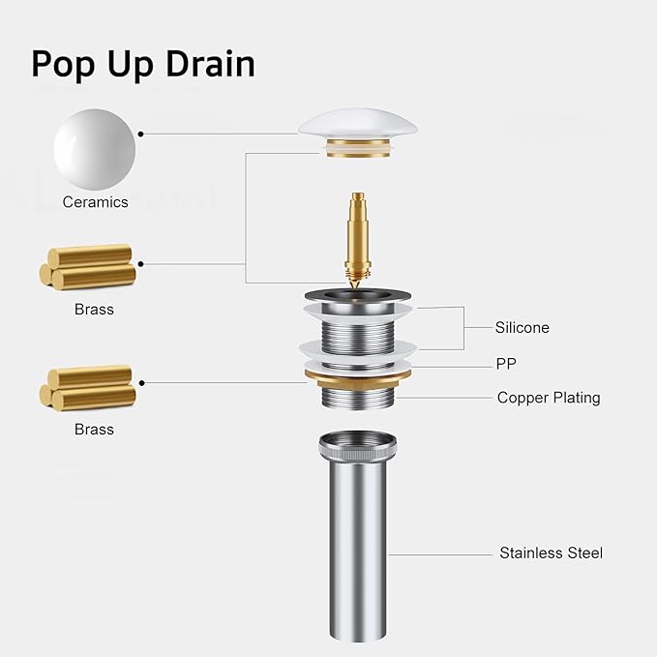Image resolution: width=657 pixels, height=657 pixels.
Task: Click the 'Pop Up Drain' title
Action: click(143, 65)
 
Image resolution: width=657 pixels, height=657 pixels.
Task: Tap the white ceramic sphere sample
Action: click(95, 150)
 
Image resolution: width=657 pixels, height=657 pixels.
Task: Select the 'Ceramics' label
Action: click(95, 202)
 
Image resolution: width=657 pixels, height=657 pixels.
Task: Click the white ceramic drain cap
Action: click(357, 122)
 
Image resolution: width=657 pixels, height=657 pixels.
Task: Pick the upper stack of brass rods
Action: click(88, 267)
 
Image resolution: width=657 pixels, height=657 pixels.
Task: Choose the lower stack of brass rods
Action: click(88, 388)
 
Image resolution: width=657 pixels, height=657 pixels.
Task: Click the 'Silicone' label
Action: click(523, 327)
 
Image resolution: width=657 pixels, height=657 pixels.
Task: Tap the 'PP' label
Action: click(506, 364)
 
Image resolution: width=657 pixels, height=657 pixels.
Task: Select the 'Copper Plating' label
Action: click(549, 398)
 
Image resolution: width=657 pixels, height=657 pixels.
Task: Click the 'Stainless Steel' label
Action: click(551, 552)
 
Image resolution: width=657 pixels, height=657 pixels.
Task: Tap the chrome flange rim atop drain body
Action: click(357, 295)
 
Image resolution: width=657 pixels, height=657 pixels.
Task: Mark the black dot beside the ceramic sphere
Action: click(141, 134)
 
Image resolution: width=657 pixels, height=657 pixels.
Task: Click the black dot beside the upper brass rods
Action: click(141, 264)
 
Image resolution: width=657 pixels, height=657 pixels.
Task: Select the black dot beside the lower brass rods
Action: click(141, 383)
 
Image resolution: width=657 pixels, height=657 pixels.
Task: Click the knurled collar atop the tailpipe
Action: click(357, 447)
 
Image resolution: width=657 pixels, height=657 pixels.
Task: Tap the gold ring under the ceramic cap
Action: click(357, 148)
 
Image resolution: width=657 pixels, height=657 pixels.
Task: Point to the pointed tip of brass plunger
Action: click(356, 288)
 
